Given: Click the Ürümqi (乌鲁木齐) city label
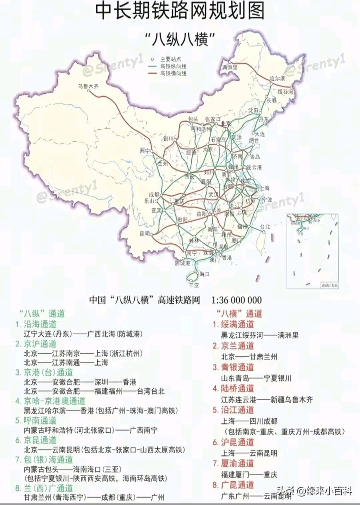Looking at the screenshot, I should (x=88, y=86).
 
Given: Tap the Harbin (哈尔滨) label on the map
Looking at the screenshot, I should (x=277, y=79).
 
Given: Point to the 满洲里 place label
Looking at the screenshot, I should (x=230, y=67).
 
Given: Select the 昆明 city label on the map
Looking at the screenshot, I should (x=145, y=234).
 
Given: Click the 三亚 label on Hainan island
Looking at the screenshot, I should (x=194, y=285).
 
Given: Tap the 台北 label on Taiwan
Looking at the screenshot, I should (x=265, y=227).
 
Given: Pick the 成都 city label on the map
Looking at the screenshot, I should (x=154, y=194).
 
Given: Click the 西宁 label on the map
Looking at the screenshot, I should (x=145, y=151).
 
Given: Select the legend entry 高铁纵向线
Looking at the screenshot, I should (x=173, y=67).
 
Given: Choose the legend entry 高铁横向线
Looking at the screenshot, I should (x=173, y=73).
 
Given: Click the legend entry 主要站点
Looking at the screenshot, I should (x=171, y=59).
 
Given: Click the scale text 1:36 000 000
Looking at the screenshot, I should (x=237, y=300).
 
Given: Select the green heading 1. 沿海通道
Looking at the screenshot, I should (x=36, y=324).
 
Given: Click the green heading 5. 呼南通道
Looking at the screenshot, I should (x=36, y=421).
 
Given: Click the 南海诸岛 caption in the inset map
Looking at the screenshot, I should (x=329, y=285).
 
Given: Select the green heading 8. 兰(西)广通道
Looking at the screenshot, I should (x=44, y=488).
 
